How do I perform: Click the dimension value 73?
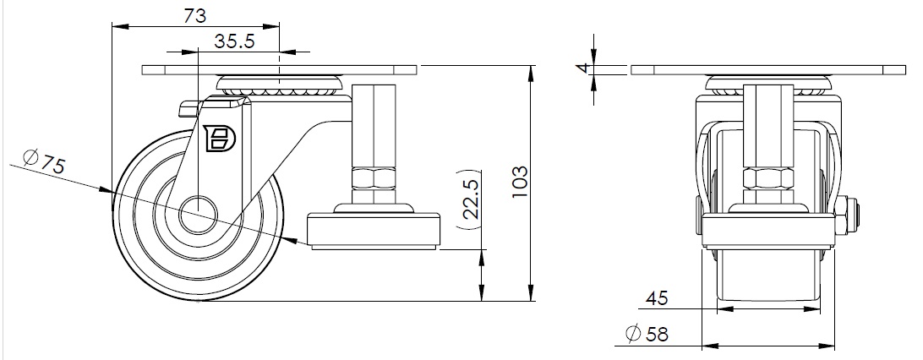pos(194,15)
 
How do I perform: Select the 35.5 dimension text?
pos(234,42)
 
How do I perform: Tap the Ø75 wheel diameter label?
pos(45,162)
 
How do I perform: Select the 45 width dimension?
pos(658,297)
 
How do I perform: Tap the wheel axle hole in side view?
pos(201,210)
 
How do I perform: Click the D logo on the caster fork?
pos(221,139)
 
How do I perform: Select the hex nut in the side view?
pos(371,179)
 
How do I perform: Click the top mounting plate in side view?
pos(280,71)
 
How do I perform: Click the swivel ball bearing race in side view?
pos(279,85)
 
